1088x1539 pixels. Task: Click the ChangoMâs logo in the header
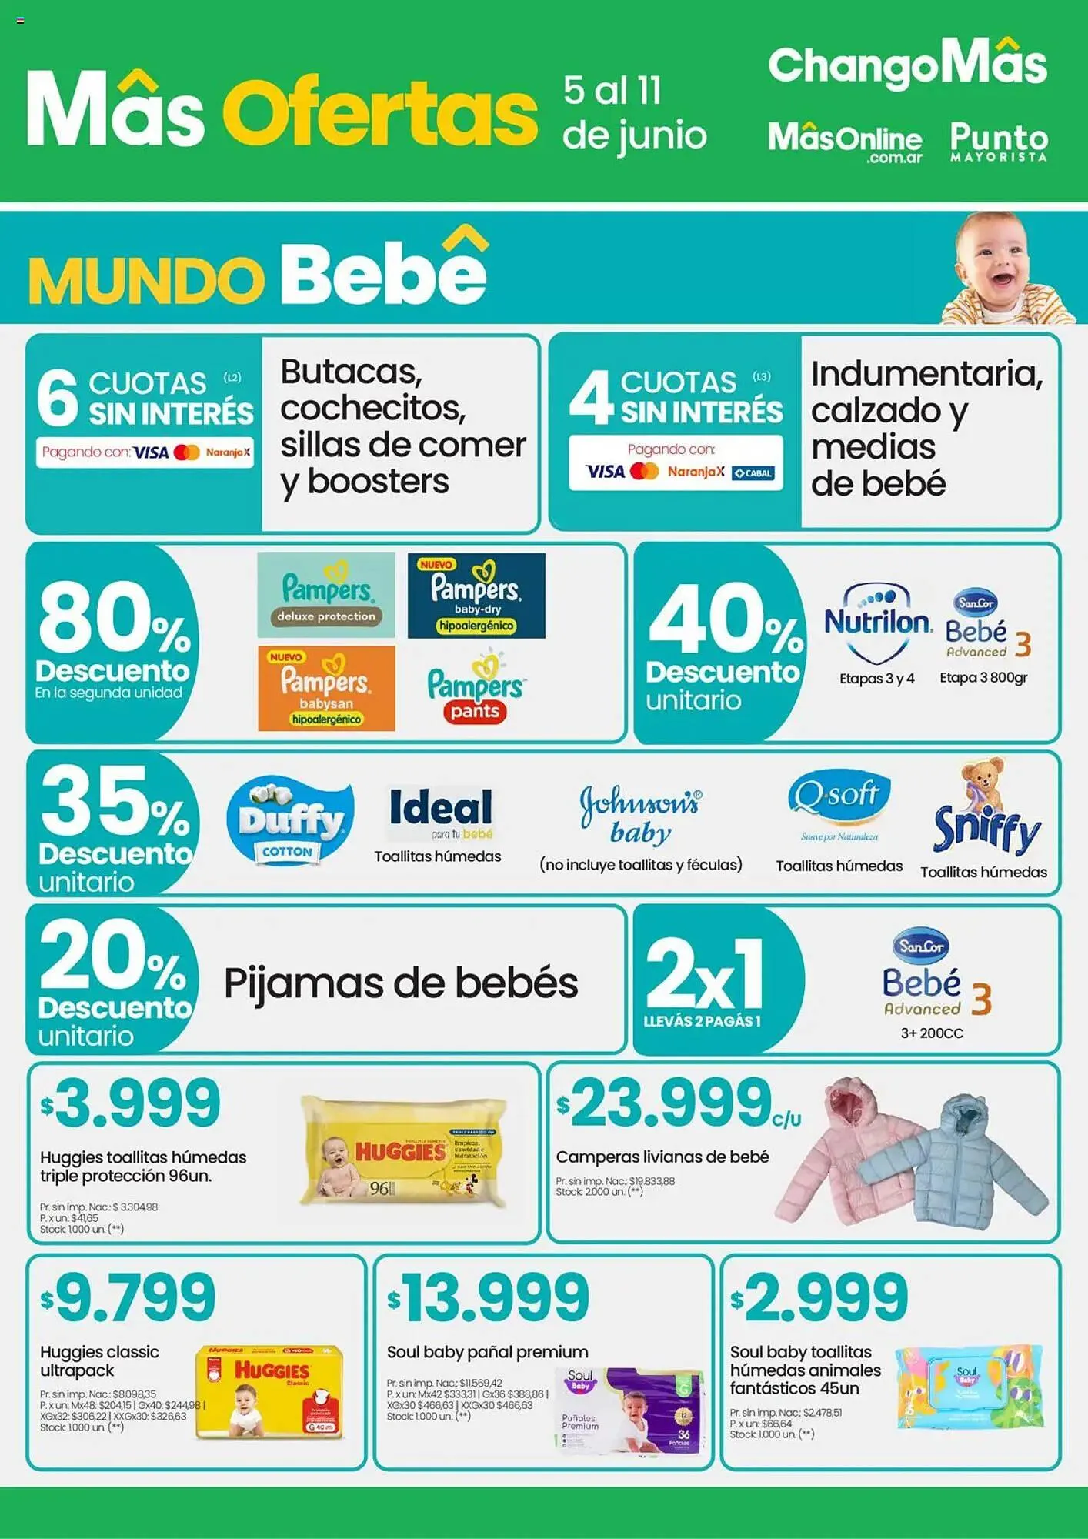(x=907, y=65)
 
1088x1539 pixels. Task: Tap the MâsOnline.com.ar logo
(x=845, y=142)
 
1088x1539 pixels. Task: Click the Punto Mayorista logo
(x=999, y=142)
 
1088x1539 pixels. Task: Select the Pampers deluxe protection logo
(x=326, y=595)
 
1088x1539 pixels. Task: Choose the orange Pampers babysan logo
(x=326, y=688)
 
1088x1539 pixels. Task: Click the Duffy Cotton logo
(x=290, y=820)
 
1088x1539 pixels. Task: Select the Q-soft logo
(x=839, y=800)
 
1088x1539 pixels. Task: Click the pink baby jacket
(x=850, y=1147)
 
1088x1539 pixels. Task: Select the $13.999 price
(x=489, y=1297)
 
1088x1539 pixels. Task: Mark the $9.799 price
(x=128, y=1297)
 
